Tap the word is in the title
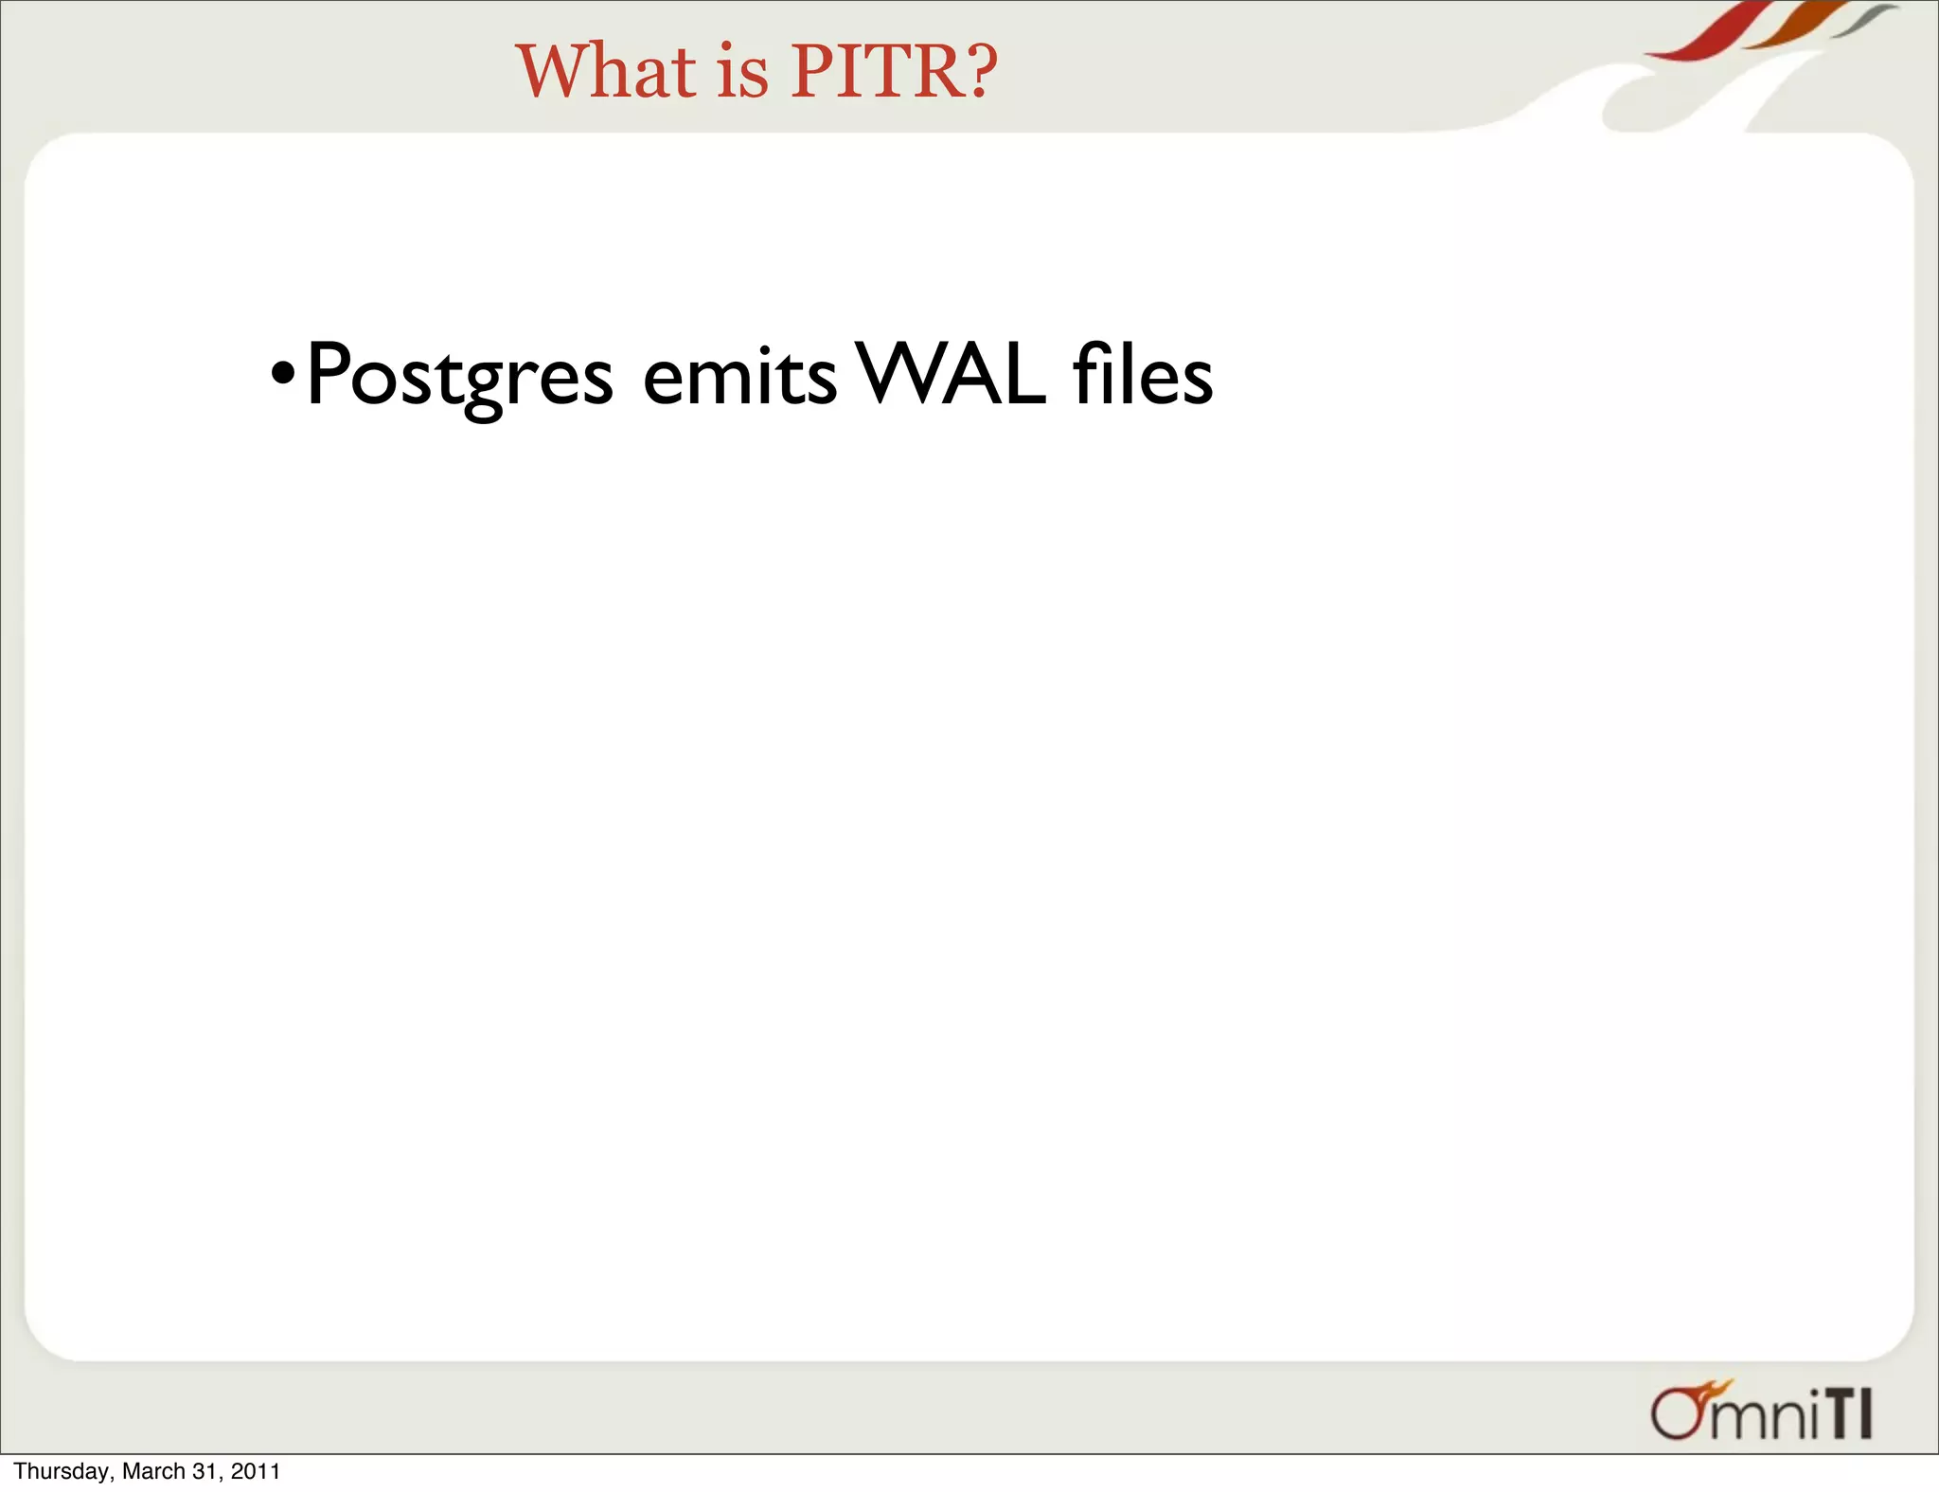pos(742,73)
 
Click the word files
pos(1143,375)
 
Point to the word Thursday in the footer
pos(62,1471)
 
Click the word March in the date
pos(153,1471)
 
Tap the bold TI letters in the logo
pos(1847,1416)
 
